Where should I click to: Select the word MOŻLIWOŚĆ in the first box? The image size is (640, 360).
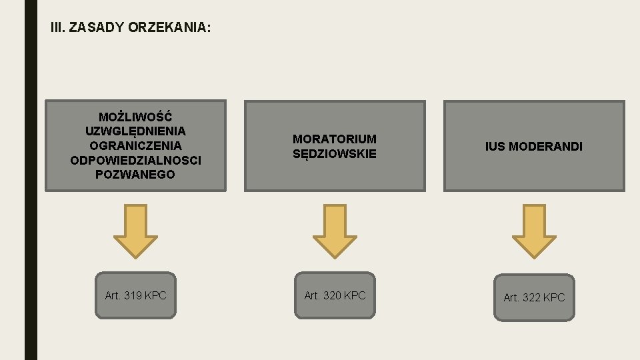pos(135,116)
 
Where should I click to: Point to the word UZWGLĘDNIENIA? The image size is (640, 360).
pos(135,131)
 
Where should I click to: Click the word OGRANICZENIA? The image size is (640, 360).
pos(135,145)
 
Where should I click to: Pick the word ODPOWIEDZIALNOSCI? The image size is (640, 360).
pos(135,160)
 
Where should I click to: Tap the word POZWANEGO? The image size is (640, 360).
pos(135,175)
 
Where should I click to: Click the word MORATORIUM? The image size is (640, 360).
pos(335,139)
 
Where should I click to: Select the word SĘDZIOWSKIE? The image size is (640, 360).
pos(335,153)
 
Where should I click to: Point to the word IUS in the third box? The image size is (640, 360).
pos(495,146)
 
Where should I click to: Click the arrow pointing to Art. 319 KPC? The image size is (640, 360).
pos(135,231)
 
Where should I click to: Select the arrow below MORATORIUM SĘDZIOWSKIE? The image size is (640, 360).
pos(335,231)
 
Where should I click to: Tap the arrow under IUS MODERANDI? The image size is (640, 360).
pos(534,231)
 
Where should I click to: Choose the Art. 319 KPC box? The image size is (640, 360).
pos(135,295)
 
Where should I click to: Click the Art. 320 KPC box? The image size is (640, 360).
pos(335,295)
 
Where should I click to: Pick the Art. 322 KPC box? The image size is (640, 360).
pos(534,297)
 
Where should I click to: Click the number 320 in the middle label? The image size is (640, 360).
pos(332,295)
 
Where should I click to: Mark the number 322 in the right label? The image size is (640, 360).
pos(531,297)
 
